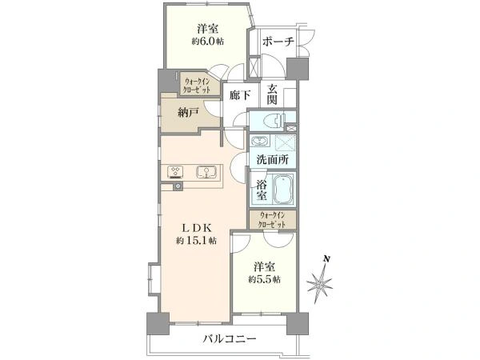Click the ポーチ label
tap(278, 42)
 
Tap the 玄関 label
tap(273, 94)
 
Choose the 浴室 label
tap(261, 190)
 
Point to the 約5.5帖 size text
tap(263, 280)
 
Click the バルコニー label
tap(230, 340)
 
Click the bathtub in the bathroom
tap(284, 191)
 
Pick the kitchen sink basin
tap(205, 170)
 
